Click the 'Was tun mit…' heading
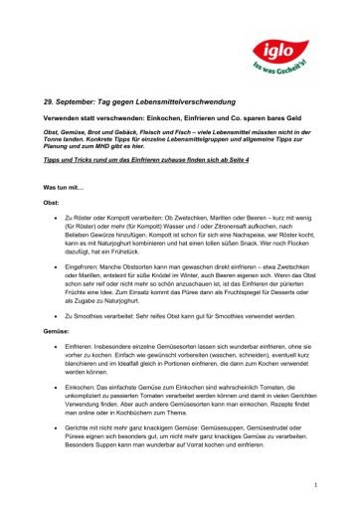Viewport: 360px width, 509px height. [x=61, y=215]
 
